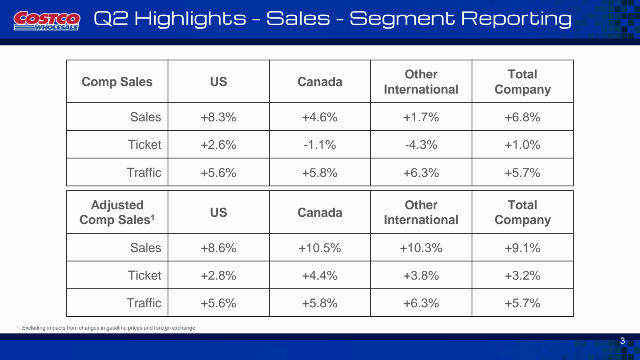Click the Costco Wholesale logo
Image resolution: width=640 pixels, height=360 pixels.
47,20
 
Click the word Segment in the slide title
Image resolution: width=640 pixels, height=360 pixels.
402,19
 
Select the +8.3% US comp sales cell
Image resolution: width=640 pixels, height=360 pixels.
218,117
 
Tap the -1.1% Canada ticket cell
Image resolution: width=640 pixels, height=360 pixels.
320,145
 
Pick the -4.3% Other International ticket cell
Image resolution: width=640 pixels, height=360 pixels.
421,145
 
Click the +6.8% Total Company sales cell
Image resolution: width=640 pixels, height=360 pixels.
522,117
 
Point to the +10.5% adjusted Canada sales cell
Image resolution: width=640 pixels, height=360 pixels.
320,248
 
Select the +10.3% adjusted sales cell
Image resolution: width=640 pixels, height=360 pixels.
421,248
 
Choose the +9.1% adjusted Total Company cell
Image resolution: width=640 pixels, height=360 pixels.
522,248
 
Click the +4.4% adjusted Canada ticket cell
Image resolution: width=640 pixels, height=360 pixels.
320,276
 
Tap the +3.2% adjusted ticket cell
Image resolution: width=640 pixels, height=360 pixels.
522,276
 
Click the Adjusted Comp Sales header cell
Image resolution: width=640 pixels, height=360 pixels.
117,212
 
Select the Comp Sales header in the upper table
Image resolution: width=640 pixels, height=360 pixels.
117,82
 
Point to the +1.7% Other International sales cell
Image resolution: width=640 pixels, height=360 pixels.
421,117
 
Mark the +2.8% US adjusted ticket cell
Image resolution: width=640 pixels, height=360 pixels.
218,276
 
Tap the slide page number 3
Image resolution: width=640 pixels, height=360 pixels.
622,341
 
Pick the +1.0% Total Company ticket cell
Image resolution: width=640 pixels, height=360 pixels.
522,145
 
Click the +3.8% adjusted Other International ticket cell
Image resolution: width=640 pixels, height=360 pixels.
421,276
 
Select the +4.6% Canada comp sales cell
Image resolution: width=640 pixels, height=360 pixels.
320,117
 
